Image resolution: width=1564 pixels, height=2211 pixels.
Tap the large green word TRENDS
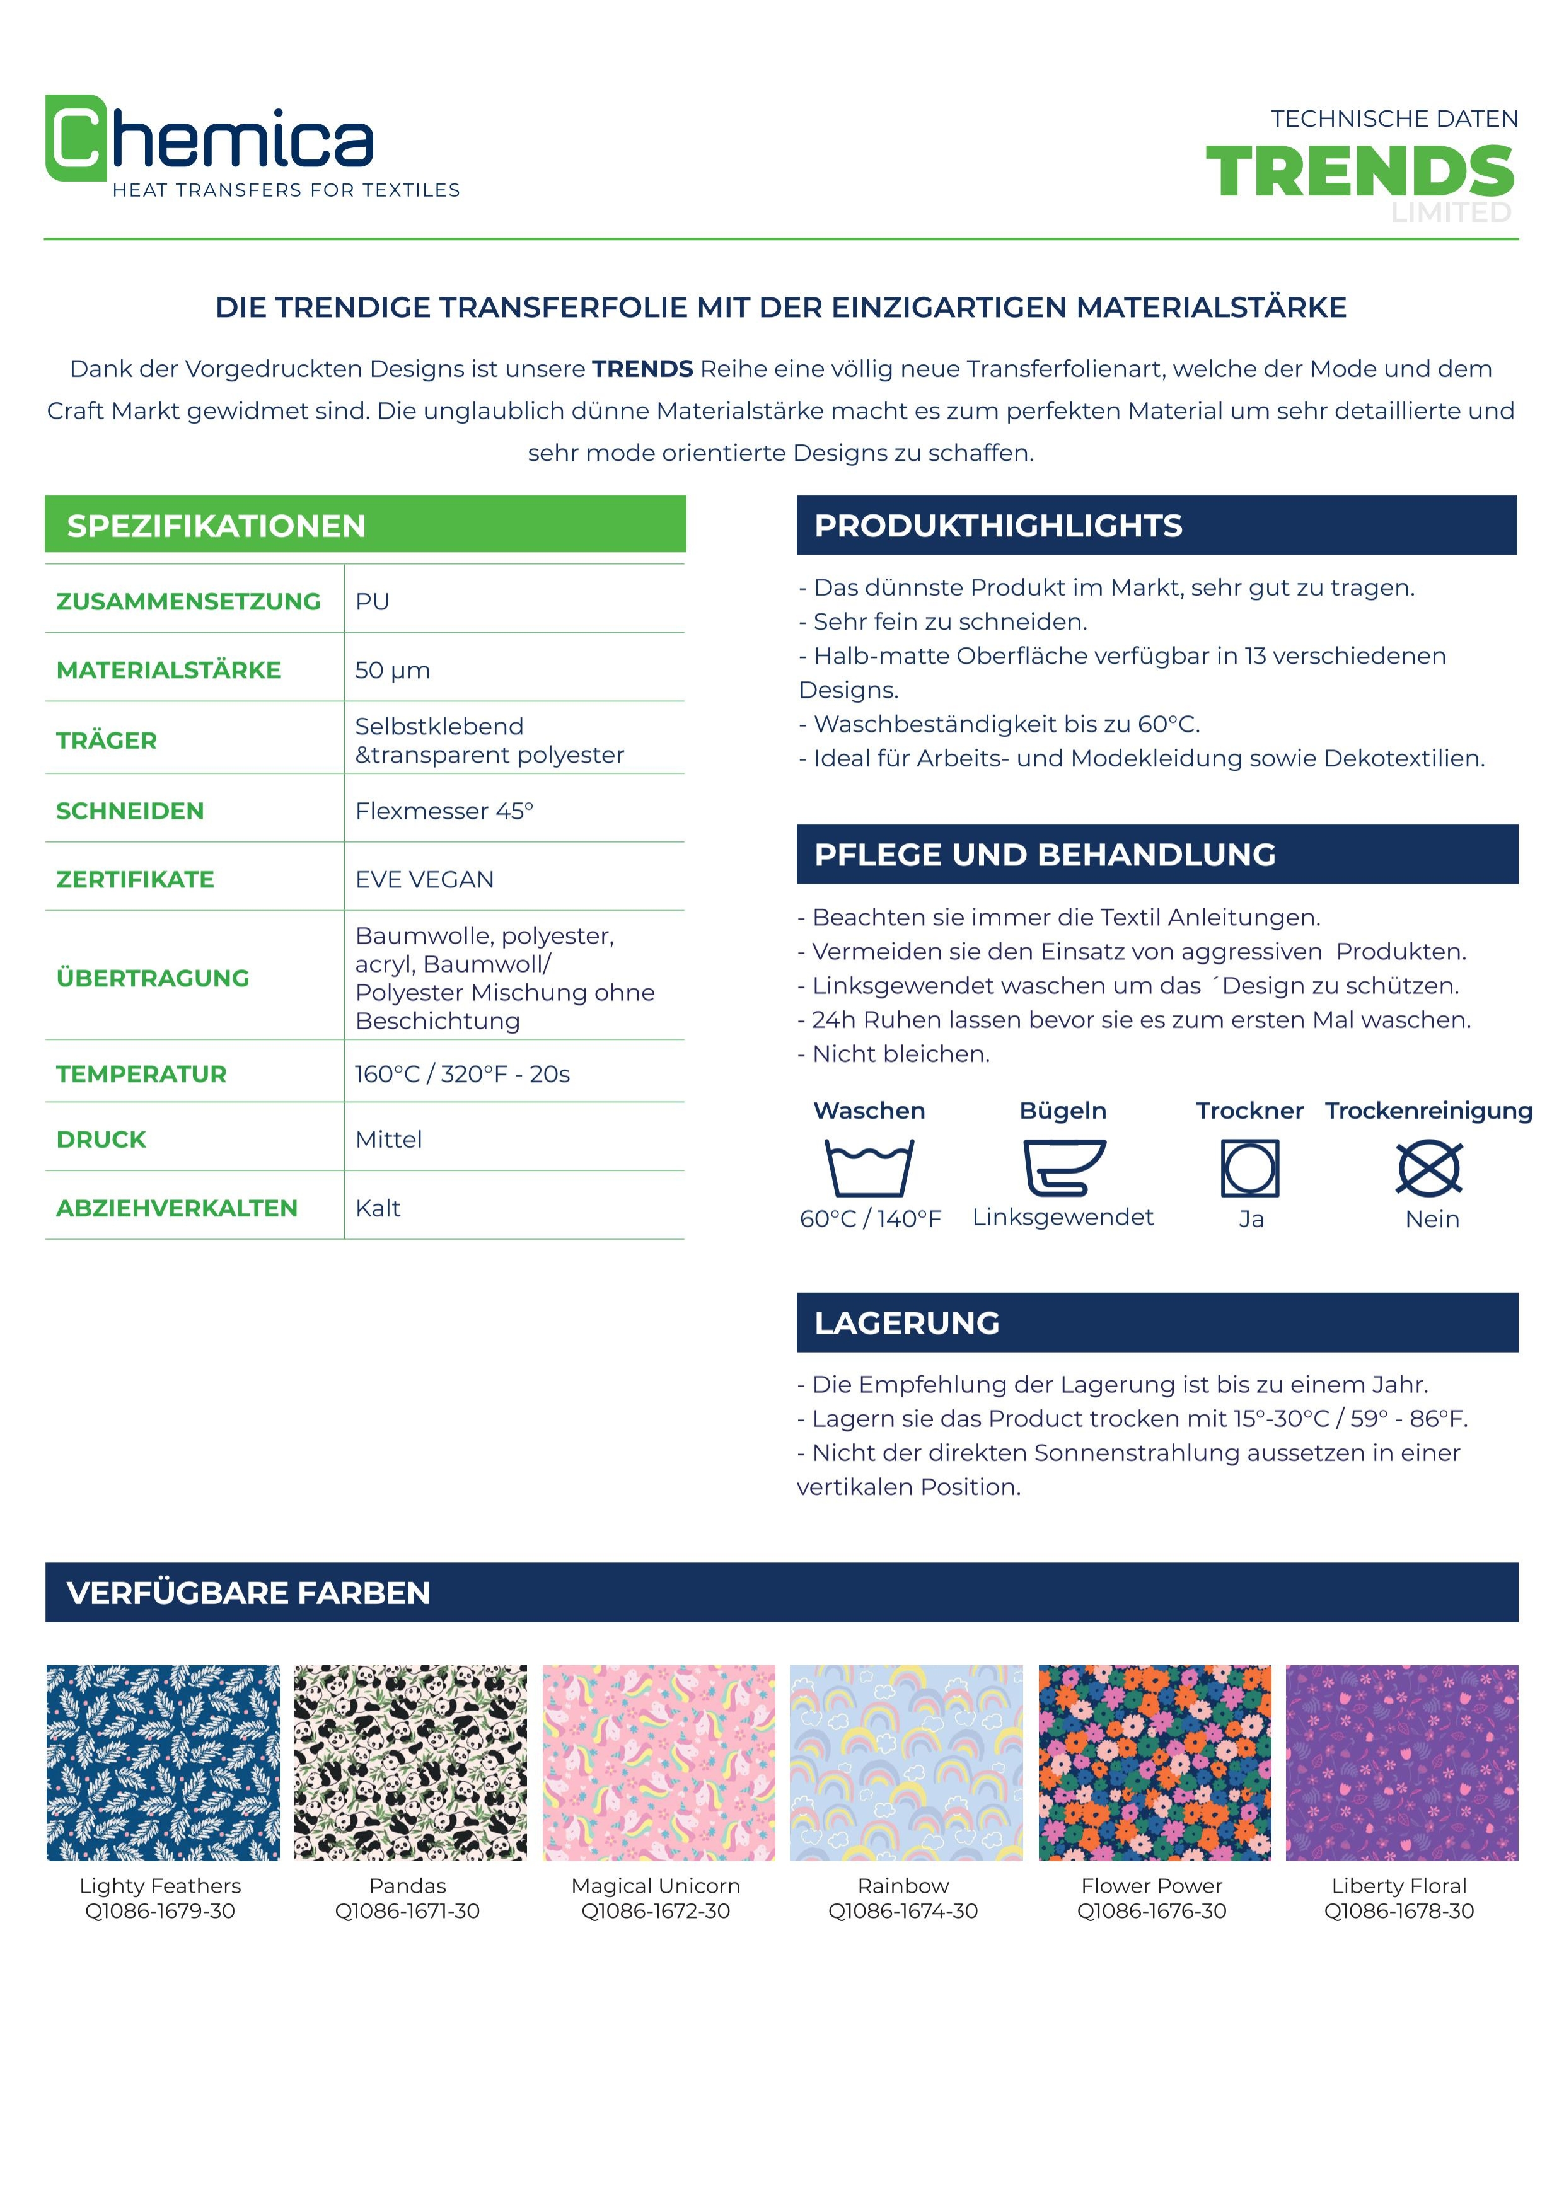pos(1359,172)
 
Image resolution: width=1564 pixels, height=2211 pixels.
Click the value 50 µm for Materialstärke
pos(392,670)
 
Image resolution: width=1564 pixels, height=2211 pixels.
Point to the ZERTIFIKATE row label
pos(135,879)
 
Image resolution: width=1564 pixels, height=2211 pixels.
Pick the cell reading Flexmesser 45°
pos(444,811)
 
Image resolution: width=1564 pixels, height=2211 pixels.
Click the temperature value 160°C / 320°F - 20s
pos(462,1074)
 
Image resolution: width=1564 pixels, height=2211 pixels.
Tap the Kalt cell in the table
pos(378,1208)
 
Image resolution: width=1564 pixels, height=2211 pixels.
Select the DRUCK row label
pos(101,1139)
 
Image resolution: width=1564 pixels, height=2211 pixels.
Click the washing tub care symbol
pos(869,1167)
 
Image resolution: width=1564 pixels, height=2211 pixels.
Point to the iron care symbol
pos(1063,1167)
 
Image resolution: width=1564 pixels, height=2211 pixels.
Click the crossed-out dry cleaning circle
pos(1429,1167)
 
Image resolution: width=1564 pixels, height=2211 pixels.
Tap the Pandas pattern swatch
pos(410,1762)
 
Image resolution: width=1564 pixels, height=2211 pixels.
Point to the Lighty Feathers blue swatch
pos(163,1762)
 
